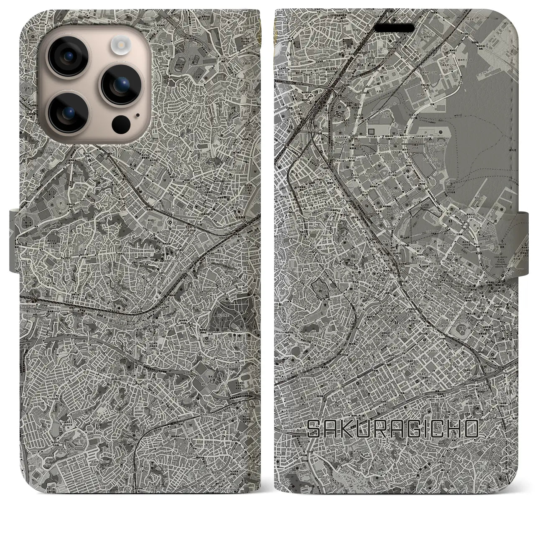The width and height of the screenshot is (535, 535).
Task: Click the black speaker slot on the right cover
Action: click(397, 27)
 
